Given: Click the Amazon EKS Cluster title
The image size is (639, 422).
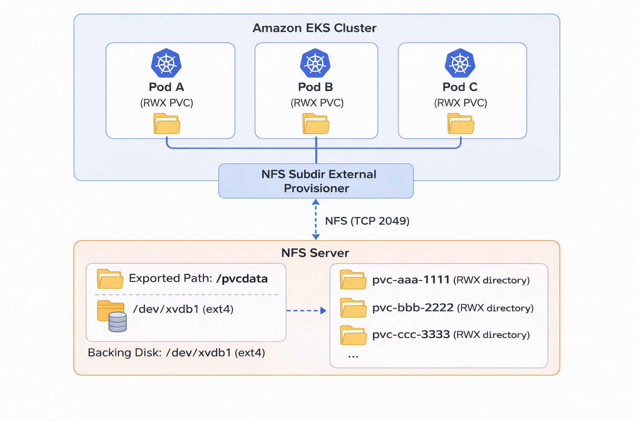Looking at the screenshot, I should [314, 28].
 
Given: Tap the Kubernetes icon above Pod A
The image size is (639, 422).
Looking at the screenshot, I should [166, 64].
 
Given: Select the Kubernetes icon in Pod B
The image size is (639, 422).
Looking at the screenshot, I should [315, 64].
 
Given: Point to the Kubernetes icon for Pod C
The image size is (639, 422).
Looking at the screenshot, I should [460, 64].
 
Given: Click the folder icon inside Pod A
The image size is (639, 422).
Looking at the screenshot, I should [167, 124].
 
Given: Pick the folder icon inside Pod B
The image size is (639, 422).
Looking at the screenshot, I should [316, 124].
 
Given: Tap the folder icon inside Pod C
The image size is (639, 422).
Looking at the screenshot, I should [460, 124].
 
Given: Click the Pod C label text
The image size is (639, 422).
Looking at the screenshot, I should [460, 87].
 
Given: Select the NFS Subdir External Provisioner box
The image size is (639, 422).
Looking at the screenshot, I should [316, 181].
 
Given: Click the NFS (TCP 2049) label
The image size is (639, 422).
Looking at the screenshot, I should [367, 221].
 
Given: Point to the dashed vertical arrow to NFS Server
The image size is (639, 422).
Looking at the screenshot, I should [316, 220].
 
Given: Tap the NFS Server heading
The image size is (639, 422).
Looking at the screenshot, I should [315, 253].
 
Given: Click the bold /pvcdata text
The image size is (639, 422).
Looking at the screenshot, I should [242, 279].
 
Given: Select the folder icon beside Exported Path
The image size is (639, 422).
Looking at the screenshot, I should [110, 279].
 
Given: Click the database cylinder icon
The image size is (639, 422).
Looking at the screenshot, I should [117, 322].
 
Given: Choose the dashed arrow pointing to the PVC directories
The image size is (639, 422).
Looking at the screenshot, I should [306, 311].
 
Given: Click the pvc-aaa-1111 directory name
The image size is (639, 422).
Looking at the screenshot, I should [411, 280].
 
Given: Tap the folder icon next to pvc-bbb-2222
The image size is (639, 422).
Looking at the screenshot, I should [353, 308].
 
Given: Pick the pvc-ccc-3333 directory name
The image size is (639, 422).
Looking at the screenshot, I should [411, 334].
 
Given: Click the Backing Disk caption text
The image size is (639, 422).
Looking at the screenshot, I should [176, 353].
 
